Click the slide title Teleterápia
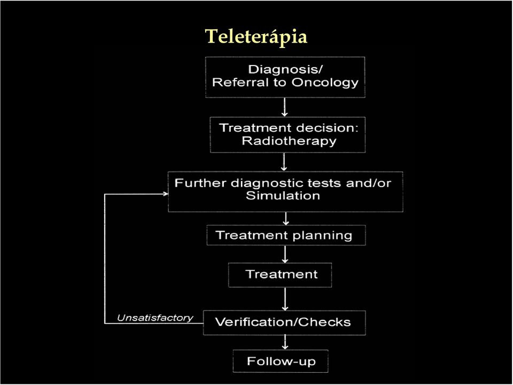[256, 37]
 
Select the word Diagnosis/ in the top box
[285, 69]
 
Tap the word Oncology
[325, 83]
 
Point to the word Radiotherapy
[289, 141]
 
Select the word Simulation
[283, 196]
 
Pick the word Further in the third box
[200, 183]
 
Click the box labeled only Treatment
[280, 275]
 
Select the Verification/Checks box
[284, 323]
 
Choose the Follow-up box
[281, 361]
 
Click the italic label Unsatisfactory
[155, 318]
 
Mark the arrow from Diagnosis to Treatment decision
[285, 107]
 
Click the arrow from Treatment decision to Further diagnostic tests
[284, 162]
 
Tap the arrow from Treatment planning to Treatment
[285, 254]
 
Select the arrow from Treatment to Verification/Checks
[285, 299]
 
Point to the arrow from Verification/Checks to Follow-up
[285, 342]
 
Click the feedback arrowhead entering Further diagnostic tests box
[166, 194]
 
